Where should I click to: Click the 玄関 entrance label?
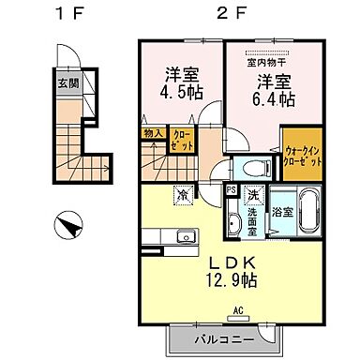click(x=69, y=82)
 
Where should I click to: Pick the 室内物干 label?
click(x=265, y=64)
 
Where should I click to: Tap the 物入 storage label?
click(x=152, y=134)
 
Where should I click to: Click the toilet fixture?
click(x=252, y=169)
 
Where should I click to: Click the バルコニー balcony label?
click(x=222, y=338)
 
